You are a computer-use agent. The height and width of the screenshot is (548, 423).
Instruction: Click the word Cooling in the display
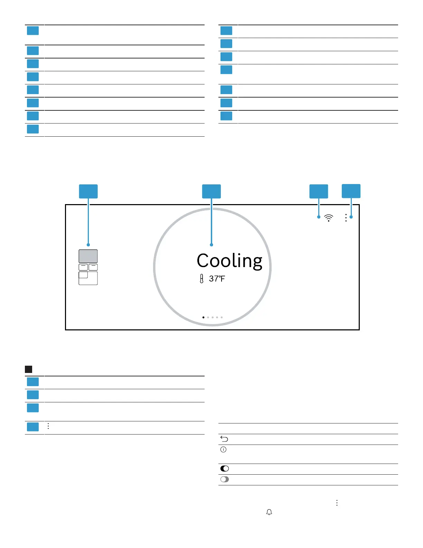(x=229, y=261)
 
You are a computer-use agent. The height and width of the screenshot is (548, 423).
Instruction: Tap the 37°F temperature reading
(x=217, y=278)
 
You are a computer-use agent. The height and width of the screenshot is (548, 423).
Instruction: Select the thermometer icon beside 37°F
(x=201, y=279)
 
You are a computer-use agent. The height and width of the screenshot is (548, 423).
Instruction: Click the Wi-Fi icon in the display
(x=329, y=218)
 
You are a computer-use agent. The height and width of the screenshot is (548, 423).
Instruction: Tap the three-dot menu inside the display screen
(x=346, y=218)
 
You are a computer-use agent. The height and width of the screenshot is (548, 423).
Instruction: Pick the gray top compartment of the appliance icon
(x=88, y=256)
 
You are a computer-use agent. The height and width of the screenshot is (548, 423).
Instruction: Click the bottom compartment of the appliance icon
(x=88, y=278)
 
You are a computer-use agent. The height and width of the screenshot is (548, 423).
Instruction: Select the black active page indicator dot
(x=203, y=317)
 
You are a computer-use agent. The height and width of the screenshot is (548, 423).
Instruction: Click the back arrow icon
(x=224, y=439)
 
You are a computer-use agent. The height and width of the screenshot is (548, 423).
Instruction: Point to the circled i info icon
(x=224, y=450)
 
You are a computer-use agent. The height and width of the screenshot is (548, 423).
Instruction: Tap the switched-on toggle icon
(x=225, y=468)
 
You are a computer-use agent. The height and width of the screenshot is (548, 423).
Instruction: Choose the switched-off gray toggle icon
(x=225, y=479)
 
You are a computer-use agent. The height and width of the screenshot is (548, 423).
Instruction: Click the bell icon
(x=269, y=512)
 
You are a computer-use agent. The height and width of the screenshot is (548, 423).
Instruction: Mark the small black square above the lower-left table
(x=29, y=369)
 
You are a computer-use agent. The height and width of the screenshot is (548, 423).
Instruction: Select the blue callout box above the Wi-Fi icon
(x=319, y=191)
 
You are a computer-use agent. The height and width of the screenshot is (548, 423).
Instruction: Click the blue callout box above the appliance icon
(x=88, y=191)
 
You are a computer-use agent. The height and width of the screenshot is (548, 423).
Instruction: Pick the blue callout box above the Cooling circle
(x=211, y=191)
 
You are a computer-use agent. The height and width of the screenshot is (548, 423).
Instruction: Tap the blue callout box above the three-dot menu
(x=351, y=191)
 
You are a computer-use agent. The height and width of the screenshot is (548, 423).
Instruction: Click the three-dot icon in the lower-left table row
(x=48, y=426)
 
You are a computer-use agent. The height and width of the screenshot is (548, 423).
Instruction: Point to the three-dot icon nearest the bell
(x=337, y=503)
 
